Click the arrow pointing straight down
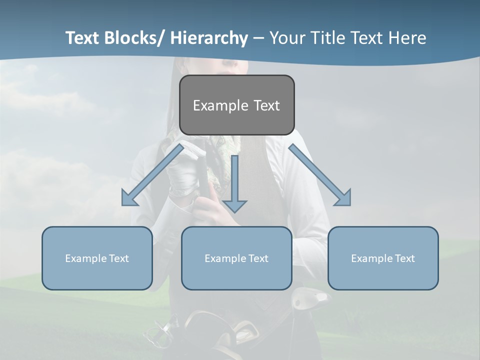234,185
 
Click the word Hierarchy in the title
209,38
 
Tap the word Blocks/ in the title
131,38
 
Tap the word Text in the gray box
265,105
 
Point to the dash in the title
258,38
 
